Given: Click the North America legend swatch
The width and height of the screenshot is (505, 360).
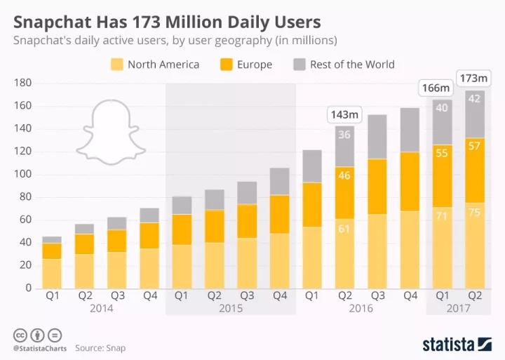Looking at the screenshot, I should click(x=116, y=65).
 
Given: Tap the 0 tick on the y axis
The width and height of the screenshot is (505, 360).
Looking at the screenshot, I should click(x=28, y=288).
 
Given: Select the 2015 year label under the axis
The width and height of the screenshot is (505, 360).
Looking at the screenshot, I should click(x=230, y=308).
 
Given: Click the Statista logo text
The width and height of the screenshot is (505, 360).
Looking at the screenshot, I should click(x=448, y=344).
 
